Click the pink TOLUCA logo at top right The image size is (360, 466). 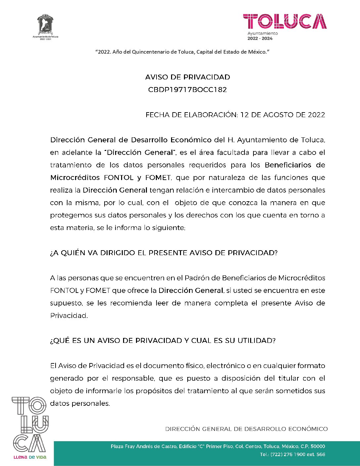pyautogui.click(x=285, y=22)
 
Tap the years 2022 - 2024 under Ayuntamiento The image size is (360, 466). pyautogui.click(x=260, y=38)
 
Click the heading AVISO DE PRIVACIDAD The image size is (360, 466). pyautogui.click(x=188, y=77)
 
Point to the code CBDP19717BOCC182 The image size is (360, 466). pyautogui.click(x=188, y=90)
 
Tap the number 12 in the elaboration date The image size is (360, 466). pyautogui.click(x=244, y=115)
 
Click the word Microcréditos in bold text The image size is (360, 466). pyautogui.click(x=75, y=178)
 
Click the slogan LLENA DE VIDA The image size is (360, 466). pyautogui.click(x=30, y=457)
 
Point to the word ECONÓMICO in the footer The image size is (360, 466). pyautogui.click(x=308, y=429)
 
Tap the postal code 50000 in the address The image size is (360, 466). pyautogui.click(x=318, y=446)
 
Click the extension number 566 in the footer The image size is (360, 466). pyautogui.click(x=321, y=454)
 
